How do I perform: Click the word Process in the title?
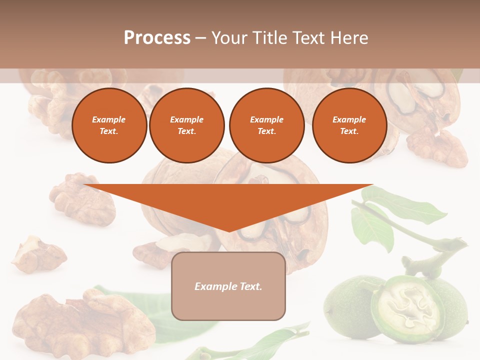157,38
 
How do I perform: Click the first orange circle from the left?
109,125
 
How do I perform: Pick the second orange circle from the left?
186,125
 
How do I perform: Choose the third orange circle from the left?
266,125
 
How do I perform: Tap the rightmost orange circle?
349,125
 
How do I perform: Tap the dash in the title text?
201,38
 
